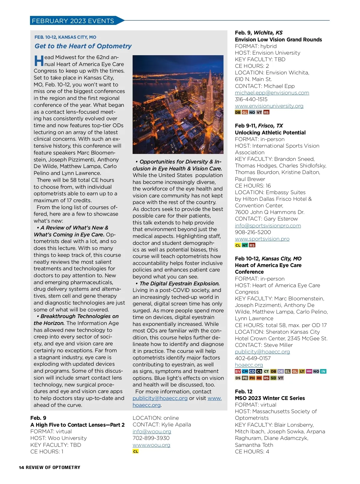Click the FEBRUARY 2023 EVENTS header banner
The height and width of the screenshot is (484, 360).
tap(73, 21)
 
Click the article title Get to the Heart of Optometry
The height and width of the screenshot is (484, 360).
tap(83, 46)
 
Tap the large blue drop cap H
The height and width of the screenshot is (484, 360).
tap(39, 61)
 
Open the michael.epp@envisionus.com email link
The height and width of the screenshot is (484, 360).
tap(272, 93)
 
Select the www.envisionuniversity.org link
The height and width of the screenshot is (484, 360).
tap(269, 106)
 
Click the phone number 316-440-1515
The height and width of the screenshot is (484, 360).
tap(251, 99)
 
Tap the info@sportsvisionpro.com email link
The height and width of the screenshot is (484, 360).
tap(268, 226)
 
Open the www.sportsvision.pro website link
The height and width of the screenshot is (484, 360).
tap(262, 239)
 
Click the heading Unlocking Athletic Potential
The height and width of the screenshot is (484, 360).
tap(270, 133)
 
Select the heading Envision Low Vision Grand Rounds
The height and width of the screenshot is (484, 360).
tap(278, 40)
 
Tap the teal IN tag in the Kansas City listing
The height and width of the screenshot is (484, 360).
tap(323, 371)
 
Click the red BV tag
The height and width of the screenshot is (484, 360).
tap(238, 371)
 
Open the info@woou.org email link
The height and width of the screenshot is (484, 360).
tap(152, 431)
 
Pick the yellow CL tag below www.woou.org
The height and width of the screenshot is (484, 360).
tap(136, 451)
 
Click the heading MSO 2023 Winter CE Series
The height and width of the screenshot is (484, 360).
tap(270, 398)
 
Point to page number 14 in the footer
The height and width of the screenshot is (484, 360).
tap(21, 467)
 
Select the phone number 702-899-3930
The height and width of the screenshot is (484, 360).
tap(151, 438)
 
